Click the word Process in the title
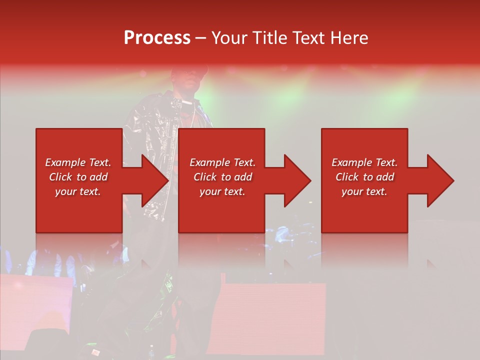coord(157,38)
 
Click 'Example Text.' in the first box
coord(78,162)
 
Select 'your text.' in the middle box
coord(222,191)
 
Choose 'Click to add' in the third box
coord(364,177)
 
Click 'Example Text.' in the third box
coord(364,162)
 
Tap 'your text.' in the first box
coord(78,191)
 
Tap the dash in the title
coord(200,38)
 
